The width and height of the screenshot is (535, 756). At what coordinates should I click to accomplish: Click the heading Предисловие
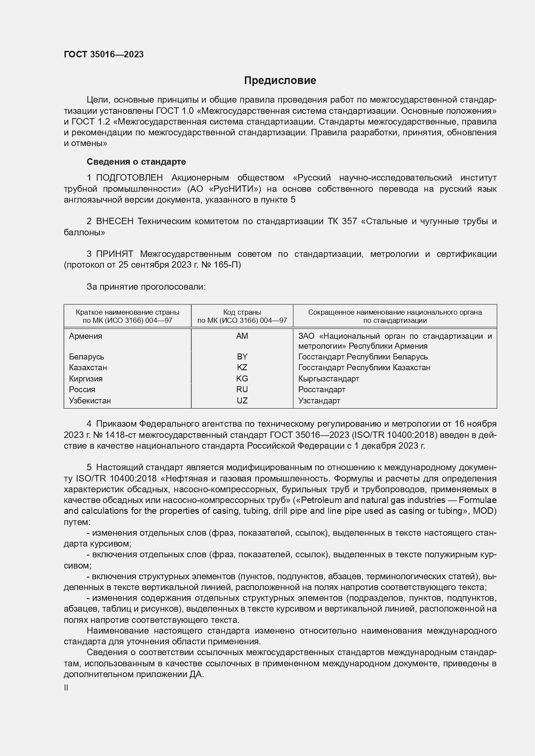tap(280, 81)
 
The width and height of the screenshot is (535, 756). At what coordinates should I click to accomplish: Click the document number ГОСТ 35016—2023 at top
tap(103, 54)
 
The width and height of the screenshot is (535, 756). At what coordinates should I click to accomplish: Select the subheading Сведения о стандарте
tap(136, 162)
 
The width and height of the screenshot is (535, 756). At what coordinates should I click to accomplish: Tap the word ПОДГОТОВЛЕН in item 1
tap(129, 178)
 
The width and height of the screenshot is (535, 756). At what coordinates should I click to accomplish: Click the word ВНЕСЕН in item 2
tap(115, 221)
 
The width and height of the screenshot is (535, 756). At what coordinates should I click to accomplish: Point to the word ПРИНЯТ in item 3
tap(115, 254)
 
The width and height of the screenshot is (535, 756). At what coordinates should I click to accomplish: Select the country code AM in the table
tap(242, 336)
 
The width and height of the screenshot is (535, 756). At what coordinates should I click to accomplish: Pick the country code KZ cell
tap(242, 368)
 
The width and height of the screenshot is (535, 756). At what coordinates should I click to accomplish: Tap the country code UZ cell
tap(242, 400)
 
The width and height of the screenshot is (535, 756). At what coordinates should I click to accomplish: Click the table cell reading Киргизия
tap(86, 379)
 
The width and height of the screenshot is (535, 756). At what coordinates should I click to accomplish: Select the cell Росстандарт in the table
tap(322, 390)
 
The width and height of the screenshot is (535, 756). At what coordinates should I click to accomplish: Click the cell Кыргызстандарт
tap(329, 379)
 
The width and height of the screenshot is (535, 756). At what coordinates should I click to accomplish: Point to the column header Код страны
tap(242, 312)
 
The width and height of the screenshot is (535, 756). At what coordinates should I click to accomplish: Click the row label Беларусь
tap(87, 357)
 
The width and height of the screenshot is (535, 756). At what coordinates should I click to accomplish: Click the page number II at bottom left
tap(66, 688)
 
